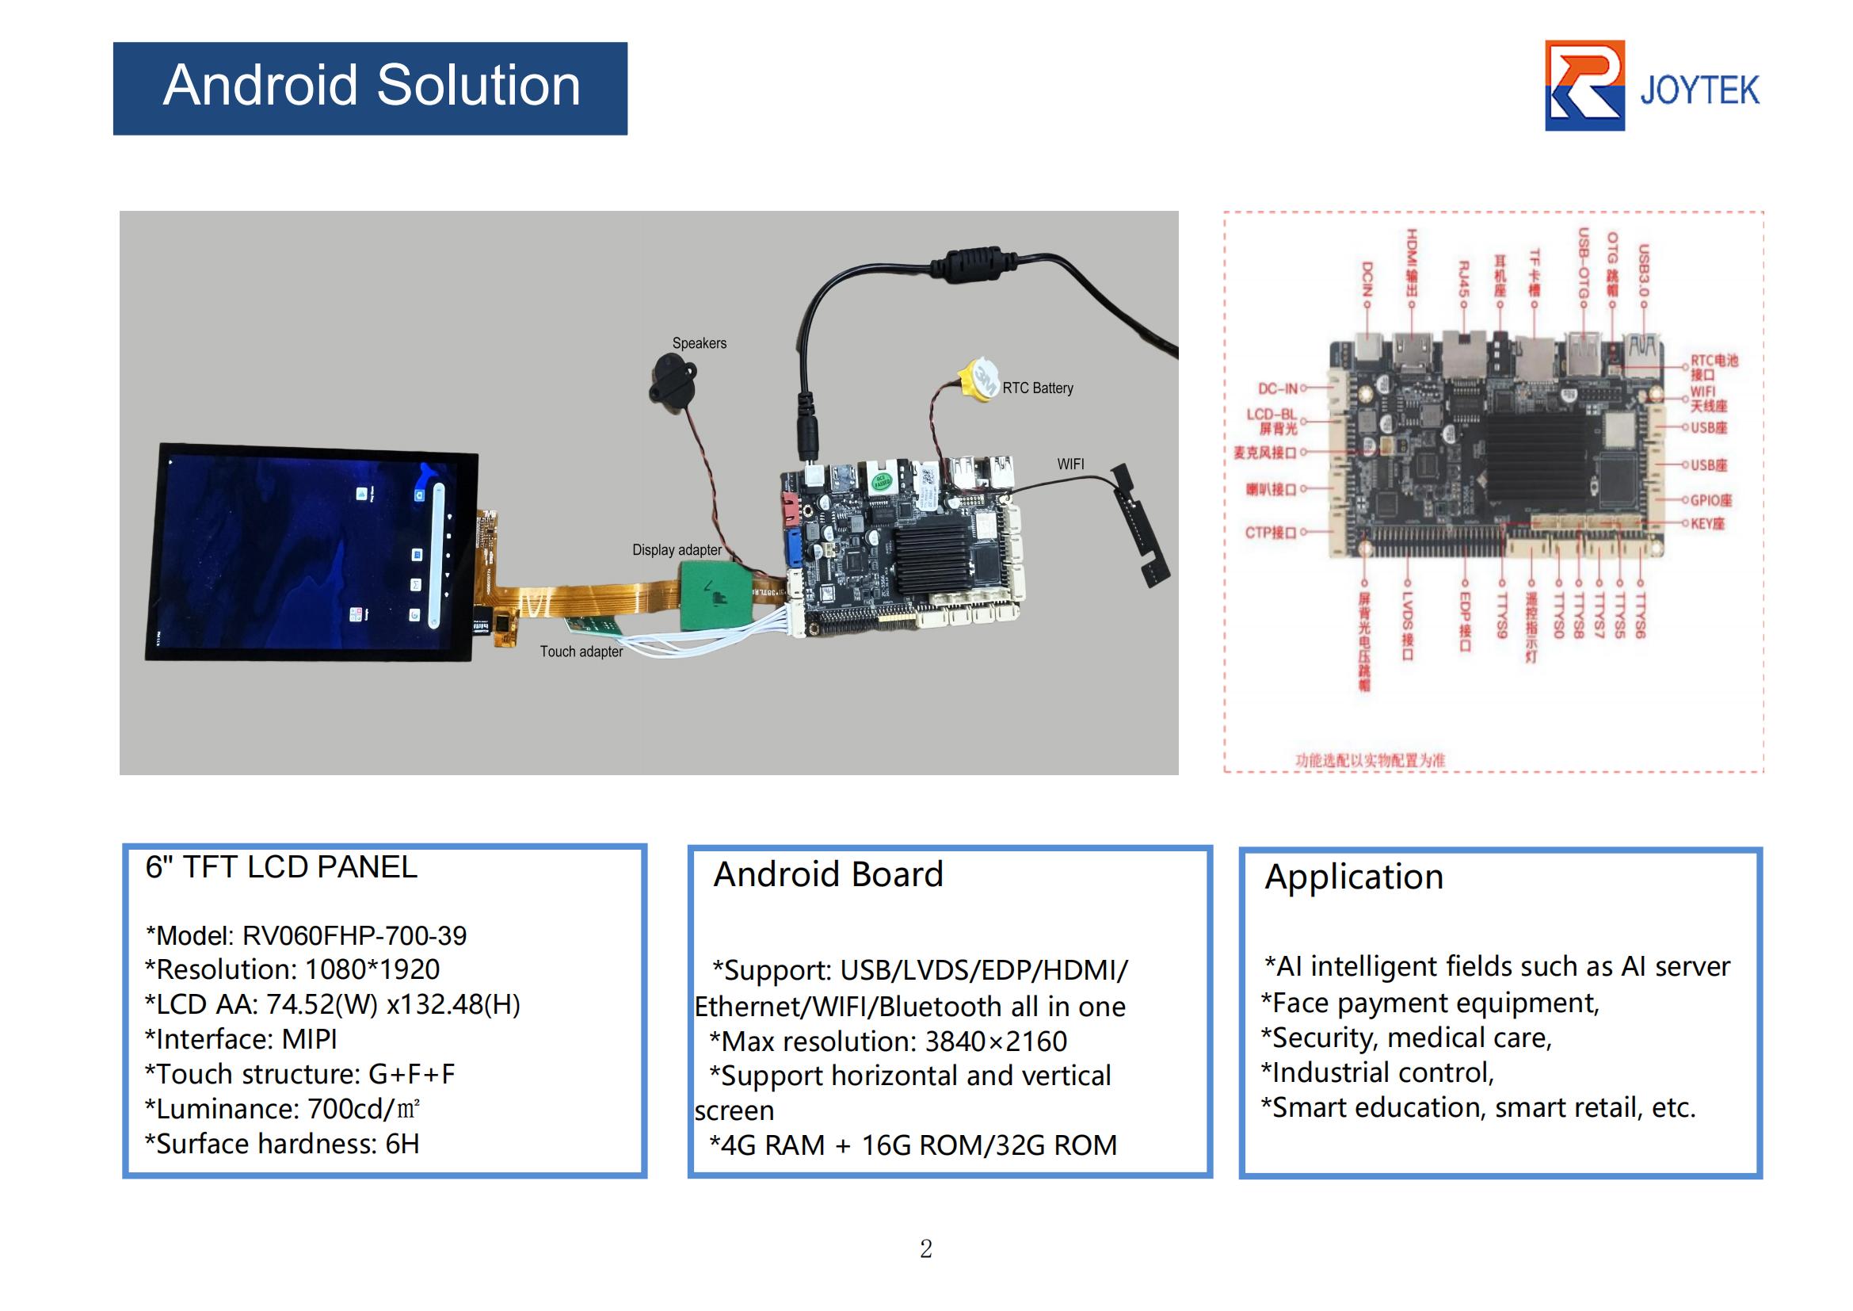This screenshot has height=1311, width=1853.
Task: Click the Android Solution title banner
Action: coord(370,88)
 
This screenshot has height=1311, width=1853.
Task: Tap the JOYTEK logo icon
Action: coord(1584,86)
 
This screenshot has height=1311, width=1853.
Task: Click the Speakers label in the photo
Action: coord(699,343)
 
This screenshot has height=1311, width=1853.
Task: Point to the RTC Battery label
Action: coord(1037,388)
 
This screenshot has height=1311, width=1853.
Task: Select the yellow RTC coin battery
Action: coord(979,380)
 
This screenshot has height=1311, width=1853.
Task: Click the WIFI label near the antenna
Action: coord(1070,464)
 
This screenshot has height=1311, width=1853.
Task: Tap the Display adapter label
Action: coord(677,550)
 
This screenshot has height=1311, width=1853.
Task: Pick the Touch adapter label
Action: coord(581,652)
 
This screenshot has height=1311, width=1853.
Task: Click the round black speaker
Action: coord(672,386)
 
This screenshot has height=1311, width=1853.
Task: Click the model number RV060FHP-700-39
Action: coord(354,935)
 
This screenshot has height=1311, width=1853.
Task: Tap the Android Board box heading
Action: coord(828,874)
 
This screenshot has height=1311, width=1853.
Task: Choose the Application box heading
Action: coord(1353,877)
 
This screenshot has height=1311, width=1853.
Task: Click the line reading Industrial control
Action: coord(1378,1073)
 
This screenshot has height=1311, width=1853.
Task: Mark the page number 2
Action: coord(925,1249)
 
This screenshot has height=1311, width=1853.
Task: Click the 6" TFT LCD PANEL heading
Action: coord(281,867)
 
